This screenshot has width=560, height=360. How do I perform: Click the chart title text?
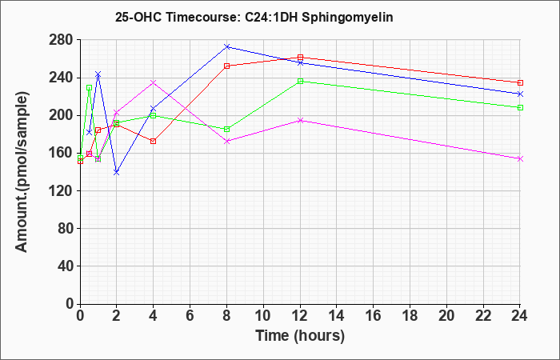tap(254, 17)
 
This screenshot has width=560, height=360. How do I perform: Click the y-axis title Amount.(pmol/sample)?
tap(22, 172)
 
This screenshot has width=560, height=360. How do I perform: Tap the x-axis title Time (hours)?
tap(300, 336)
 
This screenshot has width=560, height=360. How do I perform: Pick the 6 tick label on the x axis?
tap(190, 316)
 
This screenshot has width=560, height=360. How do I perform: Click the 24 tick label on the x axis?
tap(519, 316)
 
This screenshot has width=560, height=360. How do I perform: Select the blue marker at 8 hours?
tap(226, 46)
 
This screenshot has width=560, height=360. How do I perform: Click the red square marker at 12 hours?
tap(300, 57)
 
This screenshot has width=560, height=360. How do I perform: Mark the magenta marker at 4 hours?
tap(154, 82)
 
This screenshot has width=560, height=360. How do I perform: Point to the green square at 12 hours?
tap(300, 81)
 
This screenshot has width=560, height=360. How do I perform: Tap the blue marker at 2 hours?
tap(117, 172)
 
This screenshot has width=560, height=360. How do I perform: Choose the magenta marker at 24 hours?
tap(520, 158)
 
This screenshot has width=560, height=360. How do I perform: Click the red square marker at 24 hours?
tap(520, 82)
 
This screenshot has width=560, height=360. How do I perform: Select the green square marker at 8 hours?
tap(226, 129)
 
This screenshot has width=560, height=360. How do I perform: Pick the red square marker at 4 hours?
tap(154, 141)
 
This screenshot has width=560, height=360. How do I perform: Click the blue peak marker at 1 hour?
tap(98, 74)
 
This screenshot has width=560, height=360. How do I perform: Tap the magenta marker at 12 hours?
tap(300, 120)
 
